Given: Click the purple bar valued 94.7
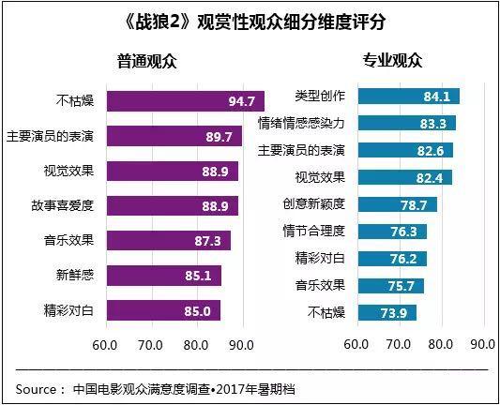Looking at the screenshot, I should pos(186,101).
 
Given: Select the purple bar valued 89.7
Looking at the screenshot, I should pos(174,137).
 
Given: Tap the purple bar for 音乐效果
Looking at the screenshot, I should pos(169,241).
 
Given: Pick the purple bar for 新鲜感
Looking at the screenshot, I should pos(164,276).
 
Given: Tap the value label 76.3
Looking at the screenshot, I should pos(409,232).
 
